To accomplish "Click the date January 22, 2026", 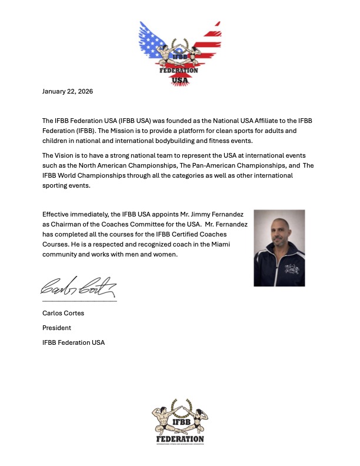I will [x=68, y=92].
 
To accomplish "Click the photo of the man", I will [x=279, y=248].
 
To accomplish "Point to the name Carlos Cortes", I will [x=63, y=313].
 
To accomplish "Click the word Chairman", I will [x=58, y=224].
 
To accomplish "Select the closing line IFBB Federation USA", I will [x=74, y=342].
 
